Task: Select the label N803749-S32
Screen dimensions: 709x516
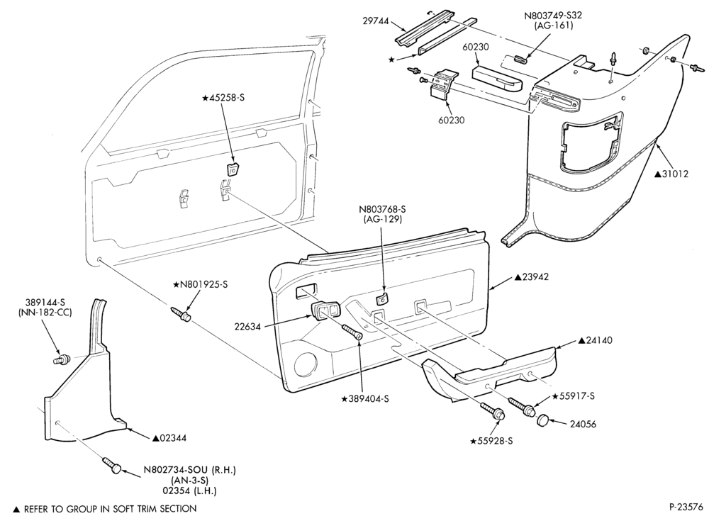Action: click(x=553, y=16)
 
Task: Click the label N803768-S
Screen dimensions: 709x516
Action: click(x=382, y=209)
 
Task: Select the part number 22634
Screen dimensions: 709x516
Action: click(x=247, y=326)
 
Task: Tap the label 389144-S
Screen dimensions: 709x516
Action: click(x=45, y=303)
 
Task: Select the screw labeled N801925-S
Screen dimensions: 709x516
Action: click(x=181, y=315)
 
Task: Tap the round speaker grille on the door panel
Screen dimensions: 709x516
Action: click(x=305, y=364)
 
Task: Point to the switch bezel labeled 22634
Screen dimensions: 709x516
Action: click(x=325, y=311)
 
